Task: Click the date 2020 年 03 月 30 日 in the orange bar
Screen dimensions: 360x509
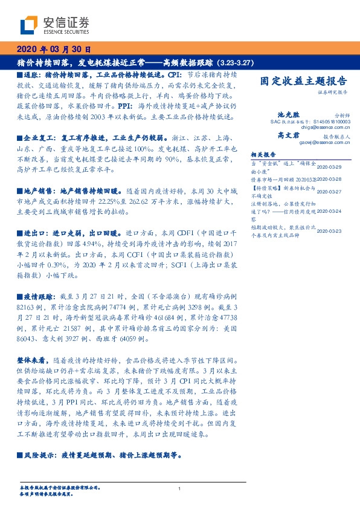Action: click(53, 50)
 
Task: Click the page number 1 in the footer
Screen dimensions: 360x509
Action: click(179, 488)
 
